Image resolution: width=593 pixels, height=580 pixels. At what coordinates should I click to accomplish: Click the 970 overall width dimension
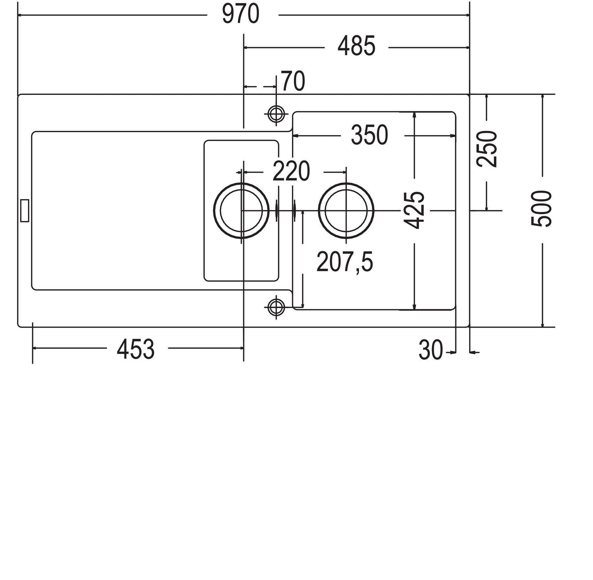[241, 15]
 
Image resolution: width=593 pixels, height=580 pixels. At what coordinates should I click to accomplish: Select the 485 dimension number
[356, 46]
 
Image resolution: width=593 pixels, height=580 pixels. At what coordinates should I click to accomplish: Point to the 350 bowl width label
[370, 135]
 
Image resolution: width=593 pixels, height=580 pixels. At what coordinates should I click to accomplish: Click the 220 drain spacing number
[292, 171]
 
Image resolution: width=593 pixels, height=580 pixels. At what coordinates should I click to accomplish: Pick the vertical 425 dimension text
[414, 210]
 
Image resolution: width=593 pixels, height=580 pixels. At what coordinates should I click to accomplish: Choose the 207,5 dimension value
[345, 262]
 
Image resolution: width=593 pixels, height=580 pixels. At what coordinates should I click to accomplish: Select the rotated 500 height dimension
[541, 208]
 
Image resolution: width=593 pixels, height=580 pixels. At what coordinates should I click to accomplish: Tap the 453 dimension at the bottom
[136, 349]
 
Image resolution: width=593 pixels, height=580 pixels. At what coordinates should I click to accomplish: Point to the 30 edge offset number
[431, 350]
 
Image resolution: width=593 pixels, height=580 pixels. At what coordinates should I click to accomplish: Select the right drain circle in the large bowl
[346, 210]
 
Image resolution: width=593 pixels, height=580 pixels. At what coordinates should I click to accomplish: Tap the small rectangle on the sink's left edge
[25, 210]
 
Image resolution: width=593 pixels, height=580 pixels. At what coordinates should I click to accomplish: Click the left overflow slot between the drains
[277, 210]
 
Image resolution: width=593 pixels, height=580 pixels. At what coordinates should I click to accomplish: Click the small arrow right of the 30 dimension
[475, 353]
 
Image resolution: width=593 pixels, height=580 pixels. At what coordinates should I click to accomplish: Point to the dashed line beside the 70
[260, 87]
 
